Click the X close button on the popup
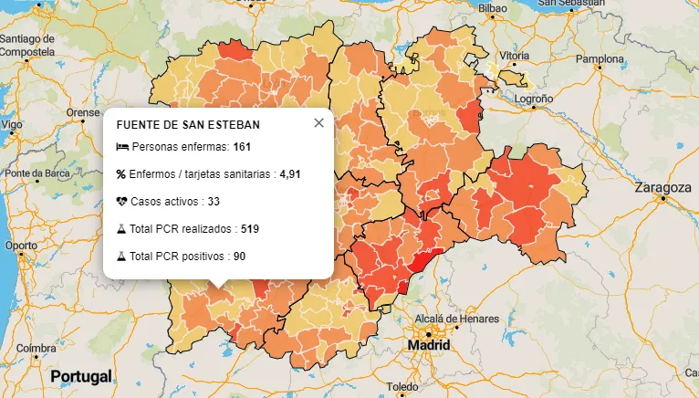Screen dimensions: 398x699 [318, 123]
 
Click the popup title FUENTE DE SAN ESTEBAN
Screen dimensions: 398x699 [188, 124]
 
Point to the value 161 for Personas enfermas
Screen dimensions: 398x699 [242, 147]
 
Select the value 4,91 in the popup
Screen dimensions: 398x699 [290, 173]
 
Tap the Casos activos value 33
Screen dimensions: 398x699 [214, 201]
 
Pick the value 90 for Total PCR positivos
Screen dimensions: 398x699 [239, 257]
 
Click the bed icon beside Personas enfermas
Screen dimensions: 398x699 [122, 147]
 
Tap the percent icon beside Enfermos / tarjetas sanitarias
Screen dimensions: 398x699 [121, 173]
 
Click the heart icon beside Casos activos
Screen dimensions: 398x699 [121, 201]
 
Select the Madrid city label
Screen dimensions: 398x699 [429, 347]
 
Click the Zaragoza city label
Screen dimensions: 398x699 [662, 187]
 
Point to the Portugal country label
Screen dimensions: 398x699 [81, 376]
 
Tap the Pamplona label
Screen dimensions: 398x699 [599, 59]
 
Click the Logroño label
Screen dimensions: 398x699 [535, 98]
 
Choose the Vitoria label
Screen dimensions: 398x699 [515, 56]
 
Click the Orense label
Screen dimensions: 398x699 [83, 113]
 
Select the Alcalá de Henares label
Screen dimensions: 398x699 [457, 319]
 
